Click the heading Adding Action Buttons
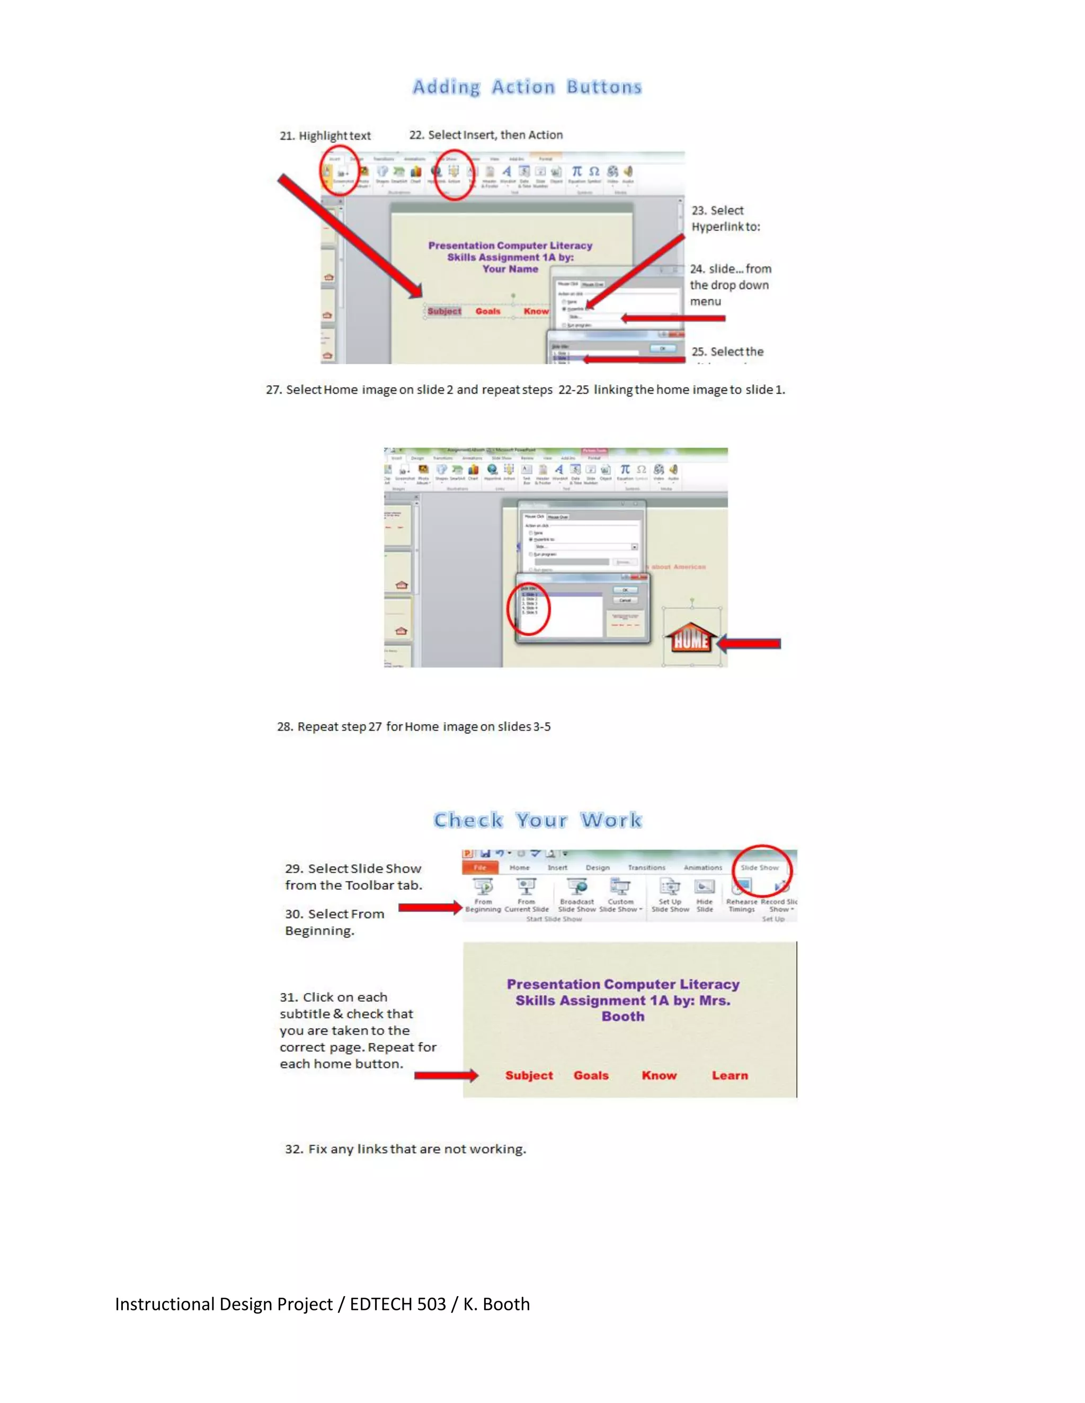click(527, 87)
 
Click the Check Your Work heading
click(537, 820)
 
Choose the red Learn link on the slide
click(730, 1075)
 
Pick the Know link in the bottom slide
click(659, 1075)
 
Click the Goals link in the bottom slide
click(591, 1075)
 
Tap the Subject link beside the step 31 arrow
click(528, 1075)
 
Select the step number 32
click(293, 1149)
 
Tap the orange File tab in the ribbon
click(480, 868)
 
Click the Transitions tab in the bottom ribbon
click(647, 868)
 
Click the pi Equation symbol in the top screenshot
click(576, 172)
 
